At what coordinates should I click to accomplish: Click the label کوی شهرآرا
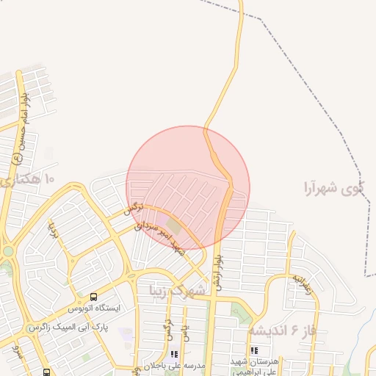(333, 189)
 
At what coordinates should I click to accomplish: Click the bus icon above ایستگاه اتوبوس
(93, 297)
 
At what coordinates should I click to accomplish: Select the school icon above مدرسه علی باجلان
(174, 354)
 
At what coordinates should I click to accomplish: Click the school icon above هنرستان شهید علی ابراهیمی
(255, 351)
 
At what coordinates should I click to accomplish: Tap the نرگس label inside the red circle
(132, 209)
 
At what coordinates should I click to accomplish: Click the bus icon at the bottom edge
(46, 372)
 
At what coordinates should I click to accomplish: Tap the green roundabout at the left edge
(7, 251)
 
